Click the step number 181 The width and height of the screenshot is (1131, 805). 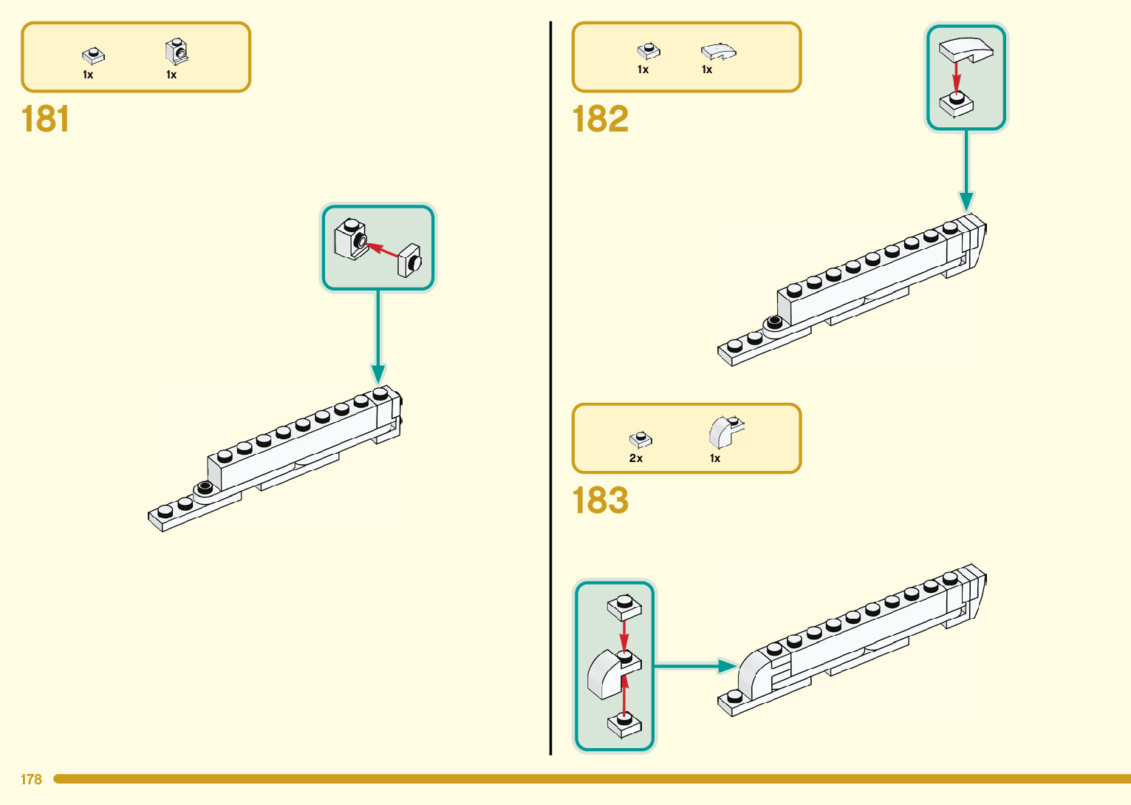[46, 119]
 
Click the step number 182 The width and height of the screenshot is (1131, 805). [600, 119]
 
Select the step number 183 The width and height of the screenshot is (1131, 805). [600, 500]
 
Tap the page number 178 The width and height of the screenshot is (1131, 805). [31, 779]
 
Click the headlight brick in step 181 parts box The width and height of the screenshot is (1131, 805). [176, 52]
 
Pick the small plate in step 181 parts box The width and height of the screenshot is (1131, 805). [93, 55]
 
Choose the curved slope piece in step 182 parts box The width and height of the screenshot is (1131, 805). [718, 51]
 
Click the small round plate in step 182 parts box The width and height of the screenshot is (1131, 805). [649, 50]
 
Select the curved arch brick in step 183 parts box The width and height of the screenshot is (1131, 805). [725, 431]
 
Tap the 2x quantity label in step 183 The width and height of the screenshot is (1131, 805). [636, 458]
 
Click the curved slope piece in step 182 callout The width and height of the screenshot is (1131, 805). [966, 50]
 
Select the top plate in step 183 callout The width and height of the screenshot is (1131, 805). [624, 608]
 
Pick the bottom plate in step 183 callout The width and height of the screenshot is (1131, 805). [624, 724]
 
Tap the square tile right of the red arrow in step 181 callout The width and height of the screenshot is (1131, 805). [409, 260]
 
